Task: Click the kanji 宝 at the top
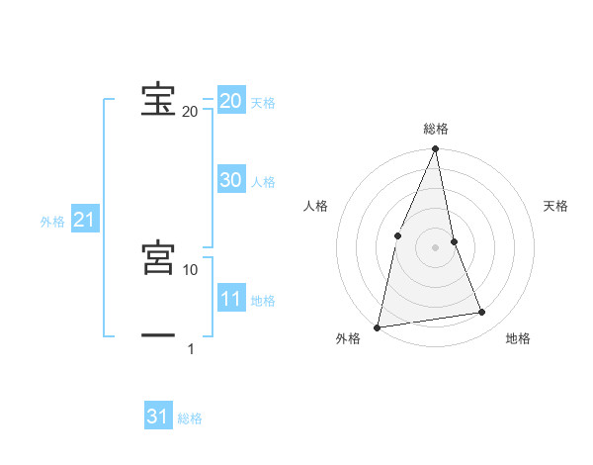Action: tap(158, 100)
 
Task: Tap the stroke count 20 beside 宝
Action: tap(190, 111)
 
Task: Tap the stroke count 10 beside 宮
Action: tap(191, 269)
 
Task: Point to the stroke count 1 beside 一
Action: tap(191, 348)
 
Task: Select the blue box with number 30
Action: tap(231, 180)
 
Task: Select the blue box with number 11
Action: tap(231, 299)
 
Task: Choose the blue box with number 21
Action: tap(84, 221)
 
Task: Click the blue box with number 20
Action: tap(231, 101)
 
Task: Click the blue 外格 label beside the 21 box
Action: tap(52, 222)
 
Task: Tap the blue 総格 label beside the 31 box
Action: tap(190, 418)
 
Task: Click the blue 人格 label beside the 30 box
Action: tap(263, 182)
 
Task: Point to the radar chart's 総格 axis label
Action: tap(435, 129)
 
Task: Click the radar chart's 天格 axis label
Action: tap(555, 206)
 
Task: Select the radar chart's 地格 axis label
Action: tap(518, 338)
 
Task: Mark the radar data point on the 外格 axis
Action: tap(377, 326)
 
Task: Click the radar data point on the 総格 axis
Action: tap(435, 149)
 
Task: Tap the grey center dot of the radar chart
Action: tap(435, 246)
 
